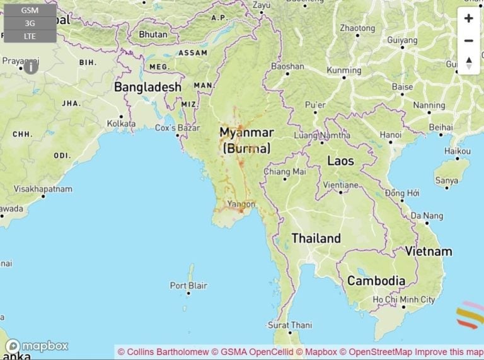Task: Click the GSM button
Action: tap(30, 11)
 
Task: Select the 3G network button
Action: tap(30, 23)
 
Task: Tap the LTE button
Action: tap(30, 36)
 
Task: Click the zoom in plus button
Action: tap(468, 18)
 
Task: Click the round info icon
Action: tap(31, 67)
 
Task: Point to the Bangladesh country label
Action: tap(147, 88)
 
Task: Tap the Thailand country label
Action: tap(316, 238)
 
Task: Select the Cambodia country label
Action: tap(376, 281)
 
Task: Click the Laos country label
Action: tap(340, 161)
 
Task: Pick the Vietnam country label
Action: tap(429, 252)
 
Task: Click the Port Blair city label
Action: tap(188, 286)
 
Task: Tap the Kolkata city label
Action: tap(122, 124)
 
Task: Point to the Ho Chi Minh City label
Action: tap(403, 300)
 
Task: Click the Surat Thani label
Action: tap(290, 325)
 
